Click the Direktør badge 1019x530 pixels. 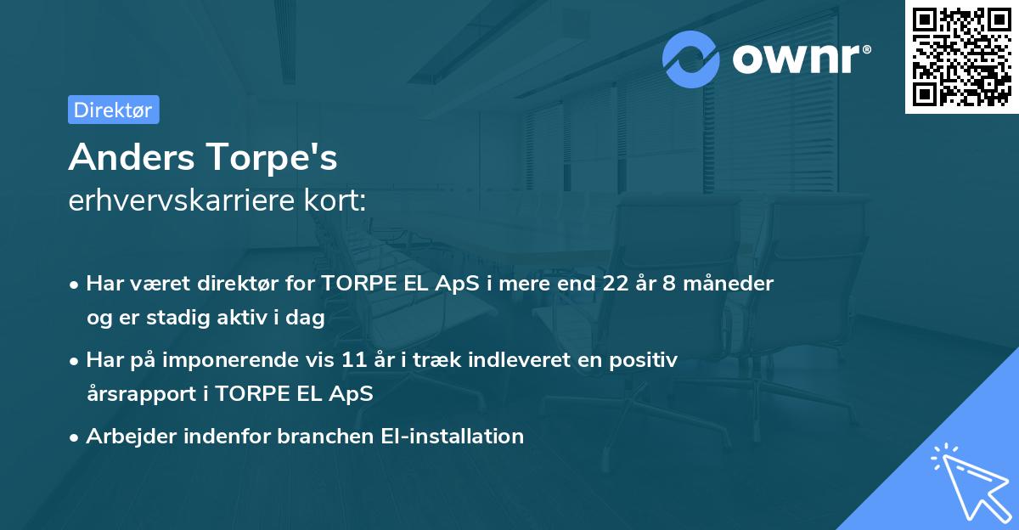tap(114, 110)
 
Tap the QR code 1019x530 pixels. tap(962, 57)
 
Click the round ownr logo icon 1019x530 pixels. tap(691, 59)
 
